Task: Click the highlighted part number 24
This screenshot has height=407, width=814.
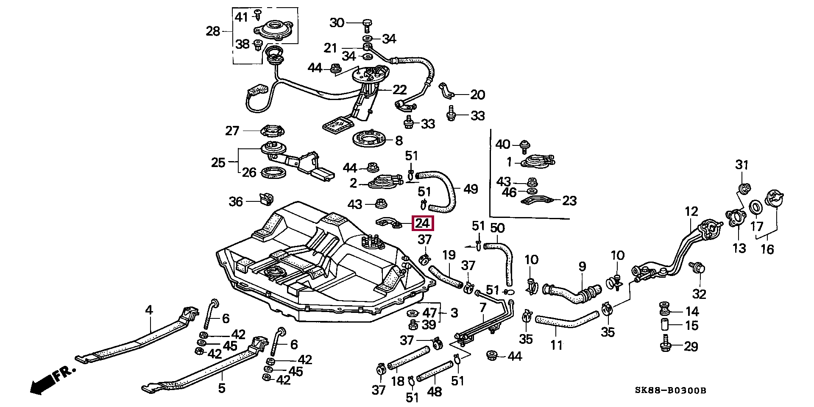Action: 423,223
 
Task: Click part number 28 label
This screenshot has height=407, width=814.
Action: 213,31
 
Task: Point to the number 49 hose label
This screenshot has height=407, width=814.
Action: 471,189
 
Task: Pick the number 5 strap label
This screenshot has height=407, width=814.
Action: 222,388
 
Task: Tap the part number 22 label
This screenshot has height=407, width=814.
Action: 399,90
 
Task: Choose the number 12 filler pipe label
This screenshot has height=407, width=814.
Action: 691,211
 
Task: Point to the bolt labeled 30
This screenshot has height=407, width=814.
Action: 367,25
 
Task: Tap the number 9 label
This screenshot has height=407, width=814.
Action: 582,266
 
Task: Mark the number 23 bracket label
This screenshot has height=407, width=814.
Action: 569,201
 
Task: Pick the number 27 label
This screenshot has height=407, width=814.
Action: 232,131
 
